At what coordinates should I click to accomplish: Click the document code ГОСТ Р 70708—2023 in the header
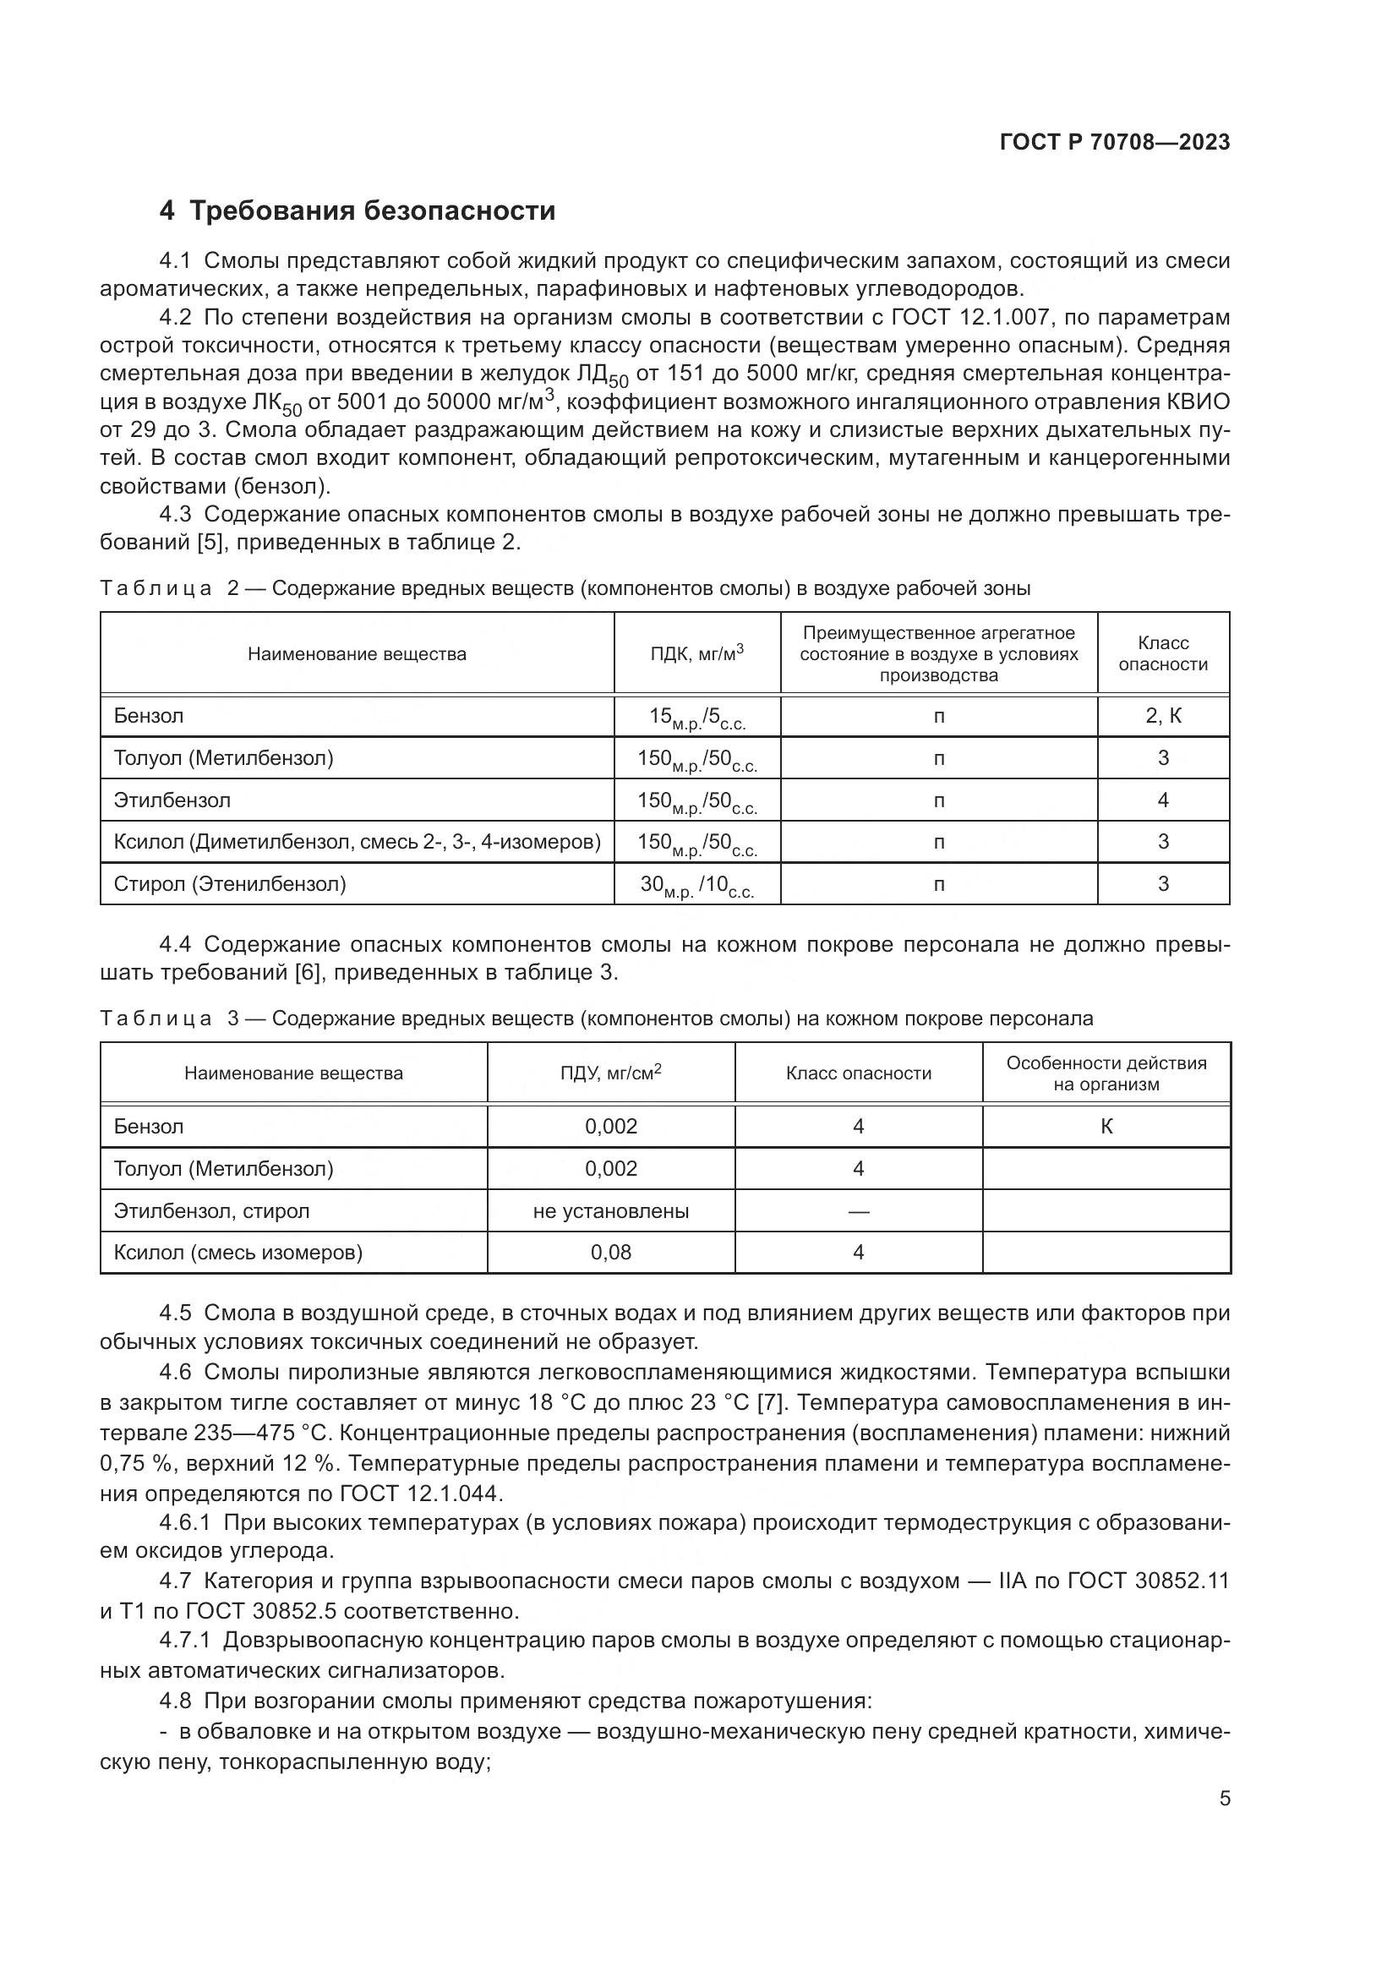(1115, 143)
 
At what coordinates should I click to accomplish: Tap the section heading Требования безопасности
(372, 211)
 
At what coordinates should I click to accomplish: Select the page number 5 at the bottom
(1224, 1799)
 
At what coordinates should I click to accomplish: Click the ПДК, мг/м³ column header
(696, 653)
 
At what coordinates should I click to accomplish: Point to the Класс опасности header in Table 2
(1162, 653)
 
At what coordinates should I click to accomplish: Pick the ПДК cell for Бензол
(696, 718)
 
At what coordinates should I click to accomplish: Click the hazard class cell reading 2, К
(1162, 716)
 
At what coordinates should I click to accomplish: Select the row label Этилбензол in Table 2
(172, 800)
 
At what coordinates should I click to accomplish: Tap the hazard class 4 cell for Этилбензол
(1162, 800)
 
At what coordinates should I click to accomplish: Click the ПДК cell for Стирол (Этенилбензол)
(696, 885)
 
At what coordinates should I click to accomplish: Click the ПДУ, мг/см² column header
(610, 1073)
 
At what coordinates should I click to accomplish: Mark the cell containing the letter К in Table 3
(1106, 1126)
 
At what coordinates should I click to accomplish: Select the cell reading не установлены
(610, 1210)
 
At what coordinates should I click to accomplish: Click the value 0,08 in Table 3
(610, 1252)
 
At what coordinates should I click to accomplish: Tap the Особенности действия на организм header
(1106, 1073)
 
